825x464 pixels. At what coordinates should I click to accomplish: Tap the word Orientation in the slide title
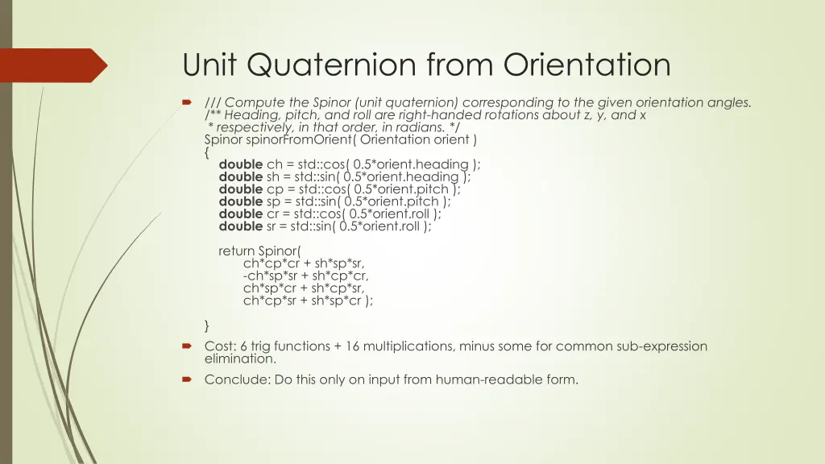pyautogui.click(x=587, y=65)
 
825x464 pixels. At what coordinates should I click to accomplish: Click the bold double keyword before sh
pyautogui.click(x=240, y=177)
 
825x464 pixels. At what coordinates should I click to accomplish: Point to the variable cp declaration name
pyautogui.click(x=274, y=189)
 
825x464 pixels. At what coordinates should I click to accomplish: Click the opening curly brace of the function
pyautogui.click(x=208, y=151)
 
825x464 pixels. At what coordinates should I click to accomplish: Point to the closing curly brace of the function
pyautogui.click(x=208, y=325)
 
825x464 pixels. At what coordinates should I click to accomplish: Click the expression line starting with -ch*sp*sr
pyautogui.click(x=305, y=275)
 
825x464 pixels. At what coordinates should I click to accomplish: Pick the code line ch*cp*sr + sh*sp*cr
pyautogui.click(x=308, y=300)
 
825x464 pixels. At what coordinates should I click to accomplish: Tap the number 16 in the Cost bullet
pyautogui.click(x=344, y=346)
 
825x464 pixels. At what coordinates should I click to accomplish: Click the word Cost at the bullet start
pyautogui.click(x=219, y=346)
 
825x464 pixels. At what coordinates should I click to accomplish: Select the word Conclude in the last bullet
pyautogui.click(x=232, y=379)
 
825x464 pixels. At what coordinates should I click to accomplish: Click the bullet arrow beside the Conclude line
pyautogui.click(x=187, y=379)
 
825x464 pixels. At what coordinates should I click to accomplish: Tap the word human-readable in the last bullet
pyautogui.click(x=480, y=379)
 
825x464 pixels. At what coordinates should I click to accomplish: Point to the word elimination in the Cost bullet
pyautogui.click(x=239, y=359)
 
